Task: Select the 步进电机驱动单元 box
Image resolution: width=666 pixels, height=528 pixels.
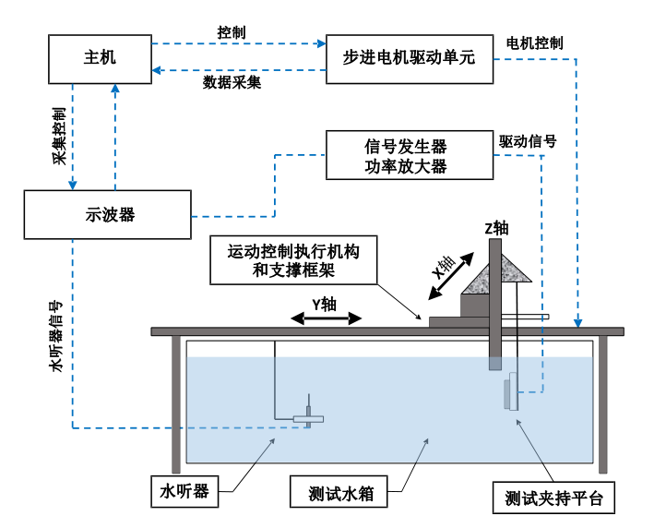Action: pos(410,57)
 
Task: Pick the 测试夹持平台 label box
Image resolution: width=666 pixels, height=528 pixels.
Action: pos(553,498)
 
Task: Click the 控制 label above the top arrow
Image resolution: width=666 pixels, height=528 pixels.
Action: pos(231,31)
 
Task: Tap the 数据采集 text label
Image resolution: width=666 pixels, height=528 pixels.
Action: pos(232,82)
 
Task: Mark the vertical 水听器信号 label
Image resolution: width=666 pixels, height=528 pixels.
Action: pos(56,336)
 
